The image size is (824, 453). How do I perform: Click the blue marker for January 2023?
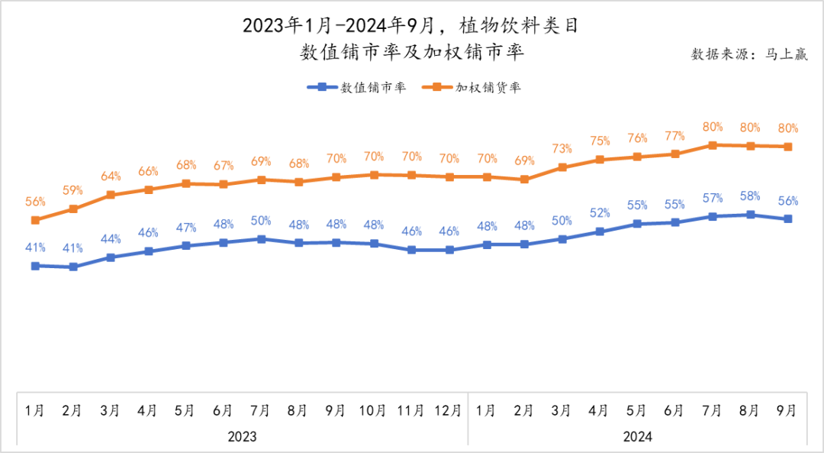[35, 266]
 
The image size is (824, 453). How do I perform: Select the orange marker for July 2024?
[713, 145]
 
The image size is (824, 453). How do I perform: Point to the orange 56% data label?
[35, 202]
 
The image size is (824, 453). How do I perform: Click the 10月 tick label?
[372, 410]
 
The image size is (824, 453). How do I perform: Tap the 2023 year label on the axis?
[242, 436]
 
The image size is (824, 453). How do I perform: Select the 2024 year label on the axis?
[637, 436]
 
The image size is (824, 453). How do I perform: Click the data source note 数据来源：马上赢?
[748, 54]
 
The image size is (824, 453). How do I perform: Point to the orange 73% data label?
[562, 148]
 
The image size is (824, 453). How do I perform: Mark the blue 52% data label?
[600, 212]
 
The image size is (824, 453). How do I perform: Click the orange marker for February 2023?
[73, 209]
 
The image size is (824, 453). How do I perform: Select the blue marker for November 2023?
[411, 250]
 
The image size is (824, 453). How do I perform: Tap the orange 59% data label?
[73, 190]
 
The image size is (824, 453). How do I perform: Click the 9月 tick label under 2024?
[787, 410]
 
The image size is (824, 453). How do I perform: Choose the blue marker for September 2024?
[787, 218]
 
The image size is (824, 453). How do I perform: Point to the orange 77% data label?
[674, 135]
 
